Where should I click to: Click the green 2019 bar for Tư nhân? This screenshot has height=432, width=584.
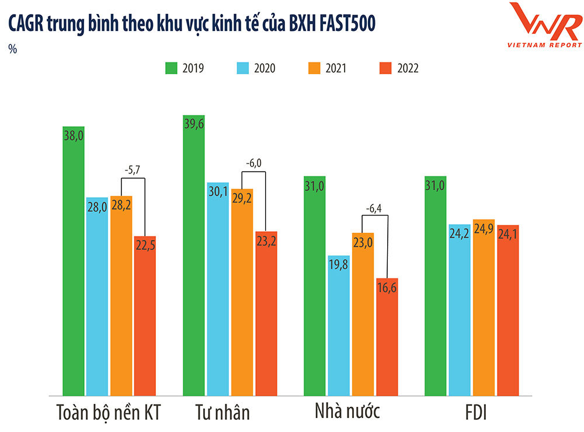click(194, 257)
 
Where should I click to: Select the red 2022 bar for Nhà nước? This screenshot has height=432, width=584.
click(387, 339)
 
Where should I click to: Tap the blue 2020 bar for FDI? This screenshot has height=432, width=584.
click(460, 309)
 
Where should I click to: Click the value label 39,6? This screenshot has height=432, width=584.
click(194, 126)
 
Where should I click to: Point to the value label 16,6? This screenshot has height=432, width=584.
click(387, 288)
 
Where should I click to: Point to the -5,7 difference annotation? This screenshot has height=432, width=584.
click(133, 170)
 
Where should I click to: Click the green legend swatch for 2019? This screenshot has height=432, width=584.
click(171, 68)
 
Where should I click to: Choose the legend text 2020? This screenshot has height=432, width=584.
click(265, 68)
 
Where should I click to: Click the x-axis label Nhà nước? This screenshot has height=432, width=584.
click(347, 412)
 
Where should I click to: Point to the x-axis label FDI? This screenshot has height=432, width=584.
click(472, 413)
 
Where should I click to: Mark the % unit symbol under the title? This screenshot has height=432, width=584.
click(12, 50)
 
